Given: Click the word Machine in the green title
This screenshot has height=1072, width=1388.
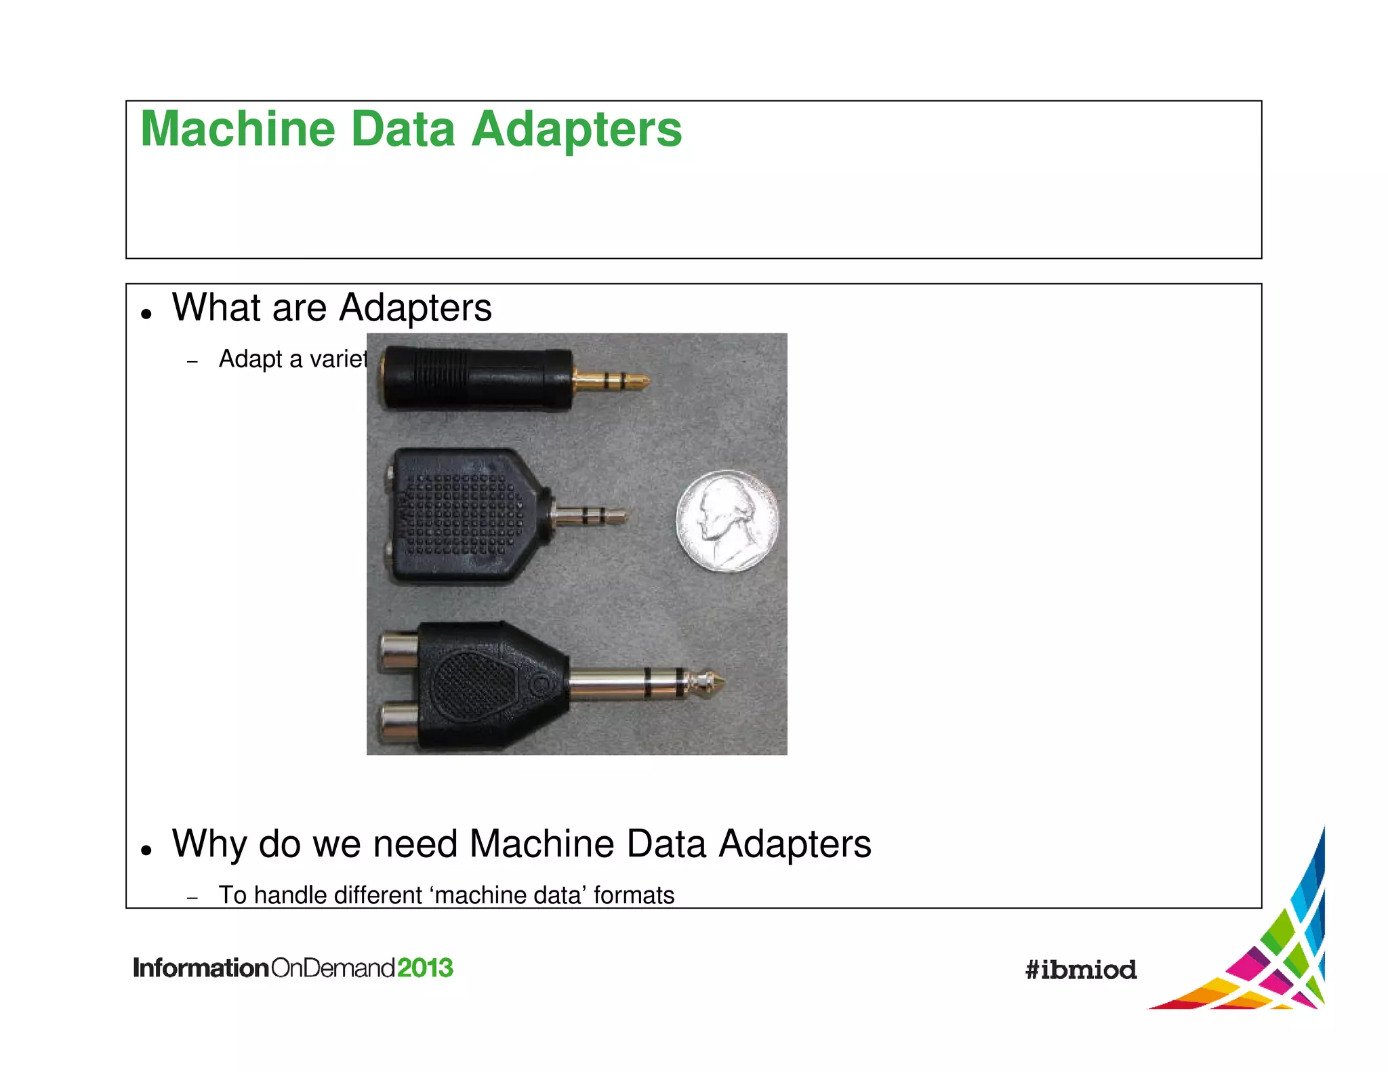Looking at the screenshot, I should coord(238,129).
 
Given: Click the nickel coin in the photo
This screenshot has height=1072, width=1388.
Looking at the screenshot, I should coord(727,520).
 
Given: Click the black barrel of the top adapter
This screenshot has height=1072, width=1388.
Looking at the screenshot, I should coord(474,378).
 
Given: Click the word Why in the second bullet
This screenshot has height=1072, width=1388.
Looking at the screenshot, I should coord(209,844).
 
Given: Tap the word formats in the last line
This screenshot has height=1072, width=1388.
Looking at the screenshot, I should coord(634,896).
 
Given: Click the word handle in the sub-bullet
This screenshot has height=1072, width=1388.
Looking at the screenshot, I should coord(290,896).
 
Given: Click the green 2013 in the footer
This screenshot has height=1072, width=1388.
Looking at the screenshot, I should coord(424,968).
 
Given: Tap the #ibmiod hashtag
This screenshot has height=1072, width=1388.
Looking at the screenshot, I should coord(1080,970).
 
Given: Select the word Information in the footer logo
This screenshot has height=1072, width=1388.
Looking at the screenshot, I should coord(201,968).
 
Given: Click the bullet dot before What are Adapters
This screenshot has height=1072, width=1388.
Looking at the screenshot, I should coord(146,314).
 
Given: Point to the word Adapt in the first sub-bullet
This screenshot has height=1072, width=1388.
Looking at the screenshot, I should coord(250,359).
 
